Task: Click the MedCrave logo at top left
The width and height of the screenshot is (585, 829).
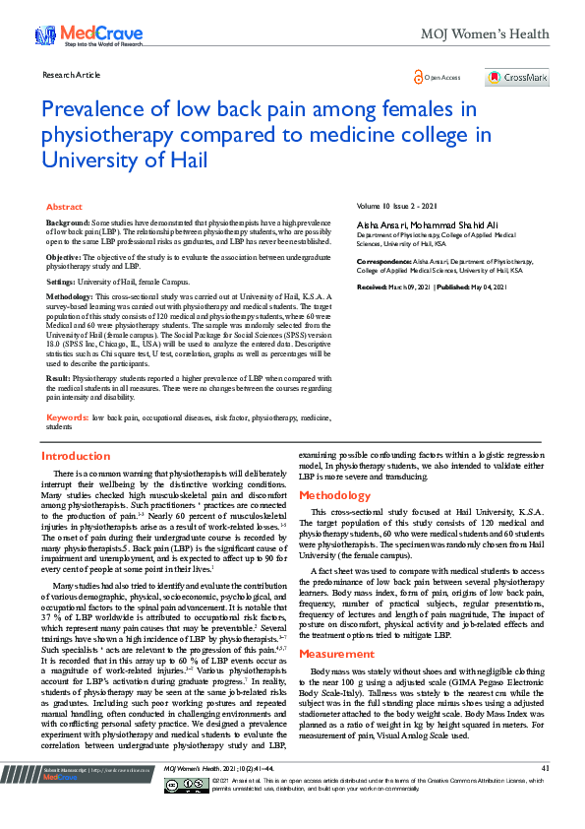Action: coord(88,36)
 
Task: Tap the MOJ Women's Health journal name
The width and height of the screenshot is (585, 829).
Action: coord(485,34)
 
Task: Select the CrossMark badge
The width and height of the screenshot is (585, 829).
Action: coord(517,78)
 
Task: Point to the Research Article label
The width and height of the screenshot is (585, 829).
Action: coord(71,74)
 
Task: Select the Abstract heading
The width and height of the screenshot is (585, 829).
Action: coord(65,208)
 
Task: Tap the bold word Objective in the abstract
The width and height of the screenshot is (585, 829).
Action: coord(64,256)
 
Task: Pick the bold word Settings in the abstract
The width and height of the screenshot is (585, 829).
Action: coord(61,281)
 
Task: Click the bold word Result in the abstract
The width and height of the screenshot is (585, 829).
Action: coord(58,377)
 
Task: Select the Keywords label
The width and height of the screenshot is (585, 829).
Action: coord(66,417)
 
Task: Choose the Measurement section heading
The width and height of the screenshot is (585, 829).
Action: coord(336,626)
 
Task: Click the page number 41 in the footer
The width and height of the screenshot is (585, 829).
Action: coord(545,795)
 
